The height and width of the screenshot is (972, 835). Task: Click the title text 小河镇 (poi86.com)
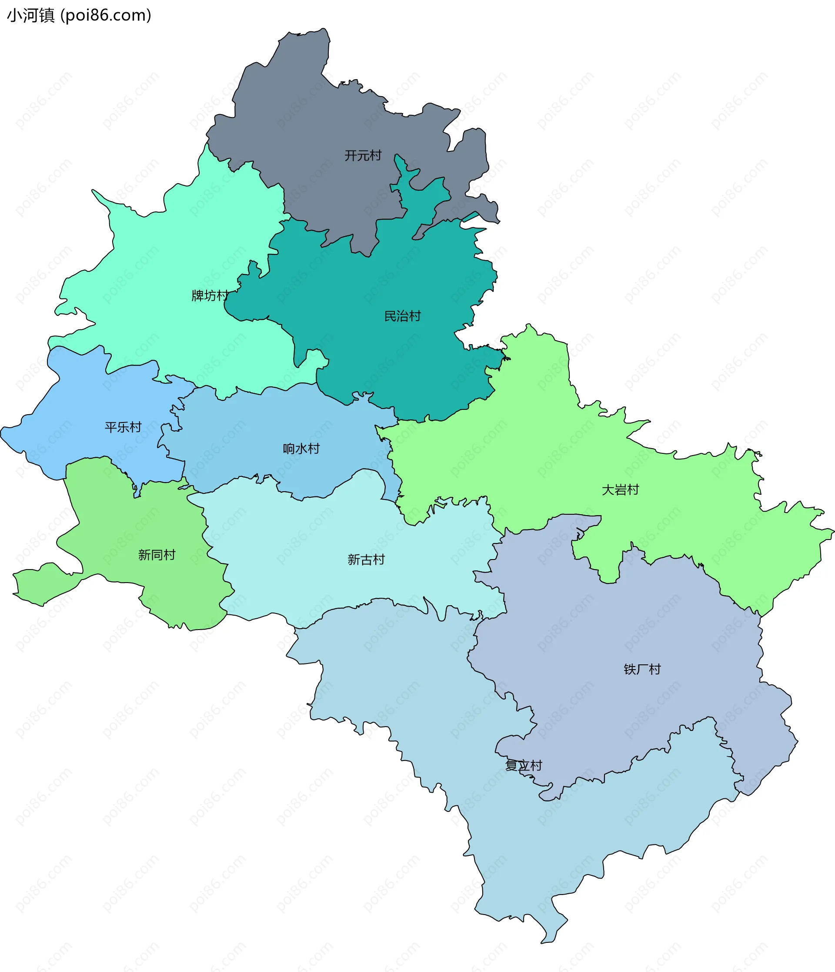[79, 16]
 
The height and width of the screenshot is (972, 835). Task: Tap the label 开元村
[363, 155]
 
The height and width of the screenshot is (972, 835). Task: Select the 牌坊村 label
[210, 295]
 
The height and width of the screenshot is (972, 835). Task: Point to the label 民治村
[402, 316]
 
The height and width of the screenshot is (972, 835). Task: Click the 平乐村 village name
[123, 427]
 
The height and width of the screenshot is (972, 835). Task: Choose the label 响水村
[301, 449]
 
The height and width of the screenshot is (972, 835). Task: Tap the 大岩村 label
[620, 490]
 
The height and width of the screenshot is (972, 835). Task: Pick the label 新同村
[157, 555]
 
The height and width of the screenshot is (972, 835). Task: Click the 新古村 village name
[366, 560]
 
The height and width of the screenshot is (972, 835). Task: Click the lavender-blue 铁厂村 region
[609, 624]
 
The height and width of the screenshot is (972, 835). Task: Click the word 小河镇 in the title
[31, 16]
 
